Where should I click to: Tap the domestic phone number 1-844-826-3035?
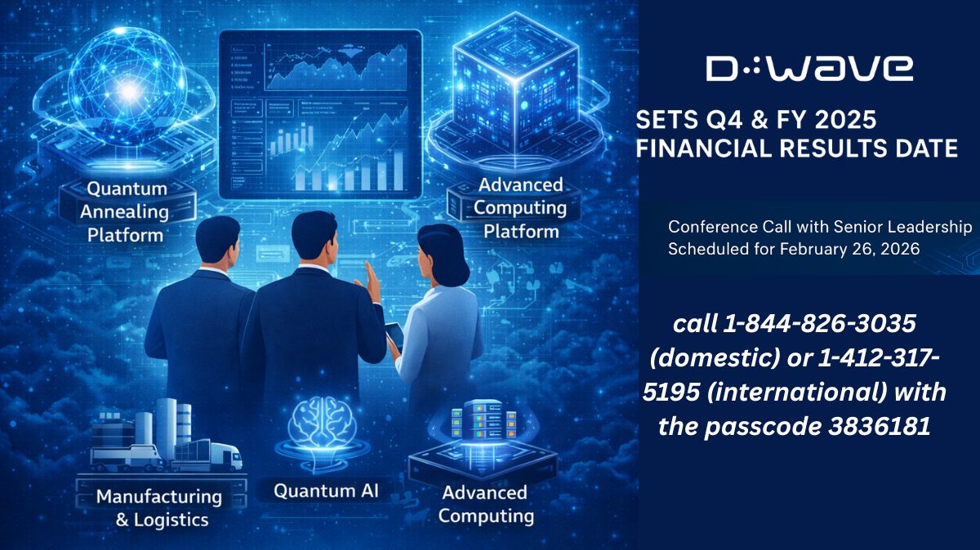817,324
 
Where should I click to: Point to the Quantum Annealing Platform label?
126,211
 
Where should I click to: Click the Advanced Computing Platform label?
520,207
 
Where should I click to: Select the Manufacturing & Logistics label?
158,507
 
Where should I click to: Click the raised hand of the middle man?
372,286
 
